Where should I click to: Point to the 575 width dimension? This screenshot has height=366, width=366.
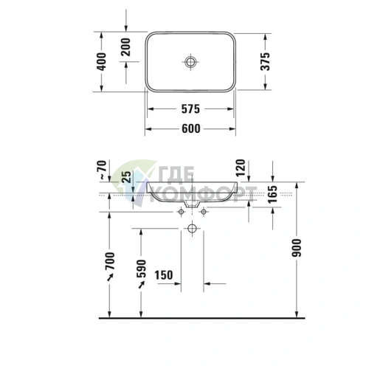click(x=190, y=110)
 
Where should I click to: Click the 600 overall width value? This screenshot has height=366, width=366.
click(x=190, y=129)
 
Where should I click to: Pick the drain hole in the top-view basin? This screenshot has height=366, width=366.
click(x=190, y=61)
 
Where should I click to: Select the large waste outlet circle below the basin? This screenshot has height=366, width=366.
click(x=192, y=229)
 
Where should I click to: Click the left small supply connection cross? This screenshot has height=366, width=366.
click(x=180, y=212)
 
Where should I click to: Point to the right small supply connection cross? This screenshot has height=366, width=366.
click(x=204, y=212)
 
